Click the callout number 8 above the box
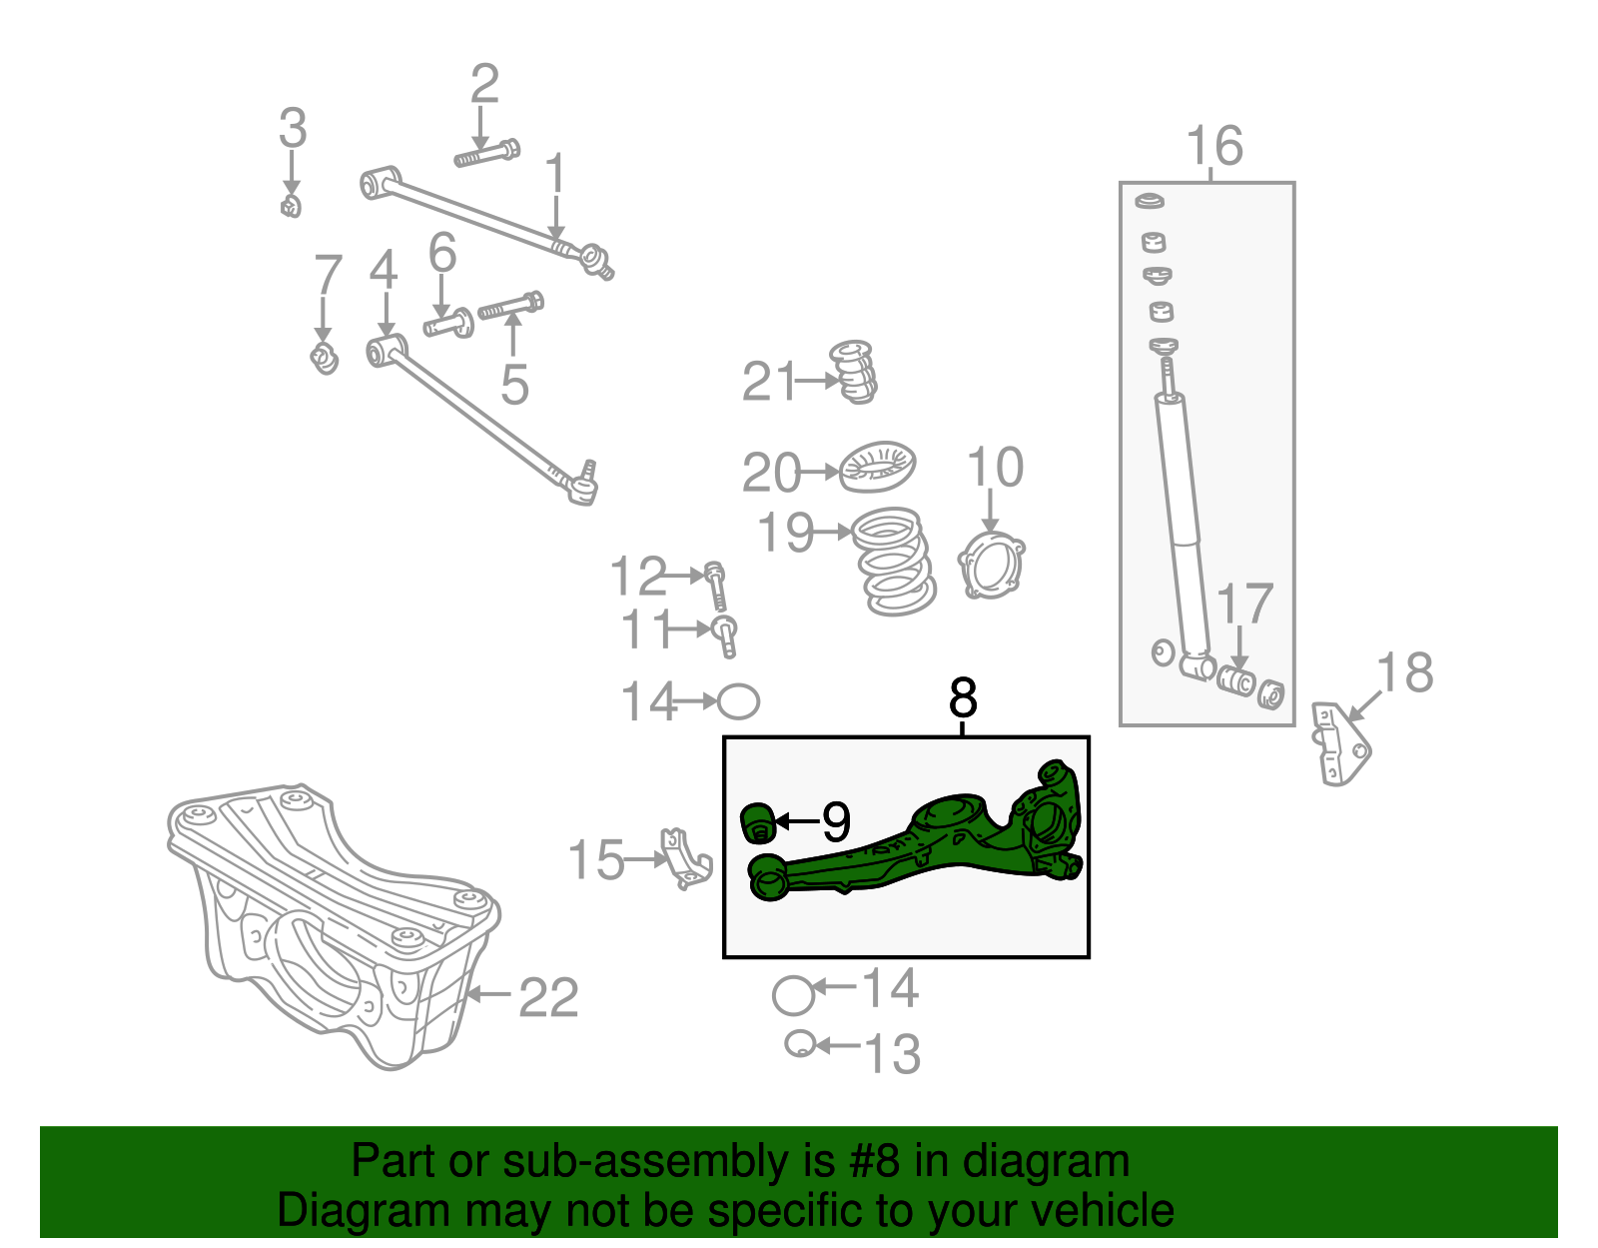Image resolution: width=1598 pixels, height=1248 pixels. pyautogui.click(x=963, y=697)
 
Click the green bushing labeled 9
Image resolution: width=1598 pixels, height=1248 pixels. pyautogui.click(x=758, y=822)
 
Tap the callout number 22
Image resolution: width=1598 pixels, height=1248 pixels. pyautogui.click(x=548, y=998)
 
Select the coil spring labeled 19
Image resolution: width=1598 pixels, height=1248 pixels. pyautogui.click(x=895, y=562)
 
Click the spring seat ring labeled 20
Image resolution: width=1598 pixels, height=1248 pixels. pyautogui.click(x=878, y=467)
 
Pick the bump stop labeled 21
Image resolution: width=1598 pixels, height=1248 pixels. pyautogui.click(x=855, y=372)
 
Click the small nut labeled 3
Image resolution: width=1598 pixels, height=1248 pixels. pyautogui.click(x=291, y=207)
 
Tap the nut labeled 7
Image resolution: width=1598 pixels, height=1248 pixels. pyautogui.click(x=325, y=358)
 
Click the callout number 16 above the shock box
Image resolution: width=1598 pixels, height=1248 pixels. pyautogui.click(x=1214, y=147)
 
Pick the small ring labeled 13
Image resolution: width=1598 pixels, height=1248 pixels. pyautogui.click(x=798, y=1044)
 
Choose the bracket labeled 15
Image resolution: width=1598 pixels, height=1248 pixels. pyautogui.click(x=686, y=859)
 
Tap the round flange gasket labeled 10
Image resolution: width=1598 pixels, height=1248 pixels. pyautogui.click(x=991, y=566)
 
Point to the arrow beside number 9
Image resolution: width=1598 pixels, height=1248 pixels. pyautogui.click(x=796, y=821)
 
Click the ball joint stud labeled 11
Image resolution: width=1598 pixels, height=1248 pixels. pyautogui.click(x=726, y=635)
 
